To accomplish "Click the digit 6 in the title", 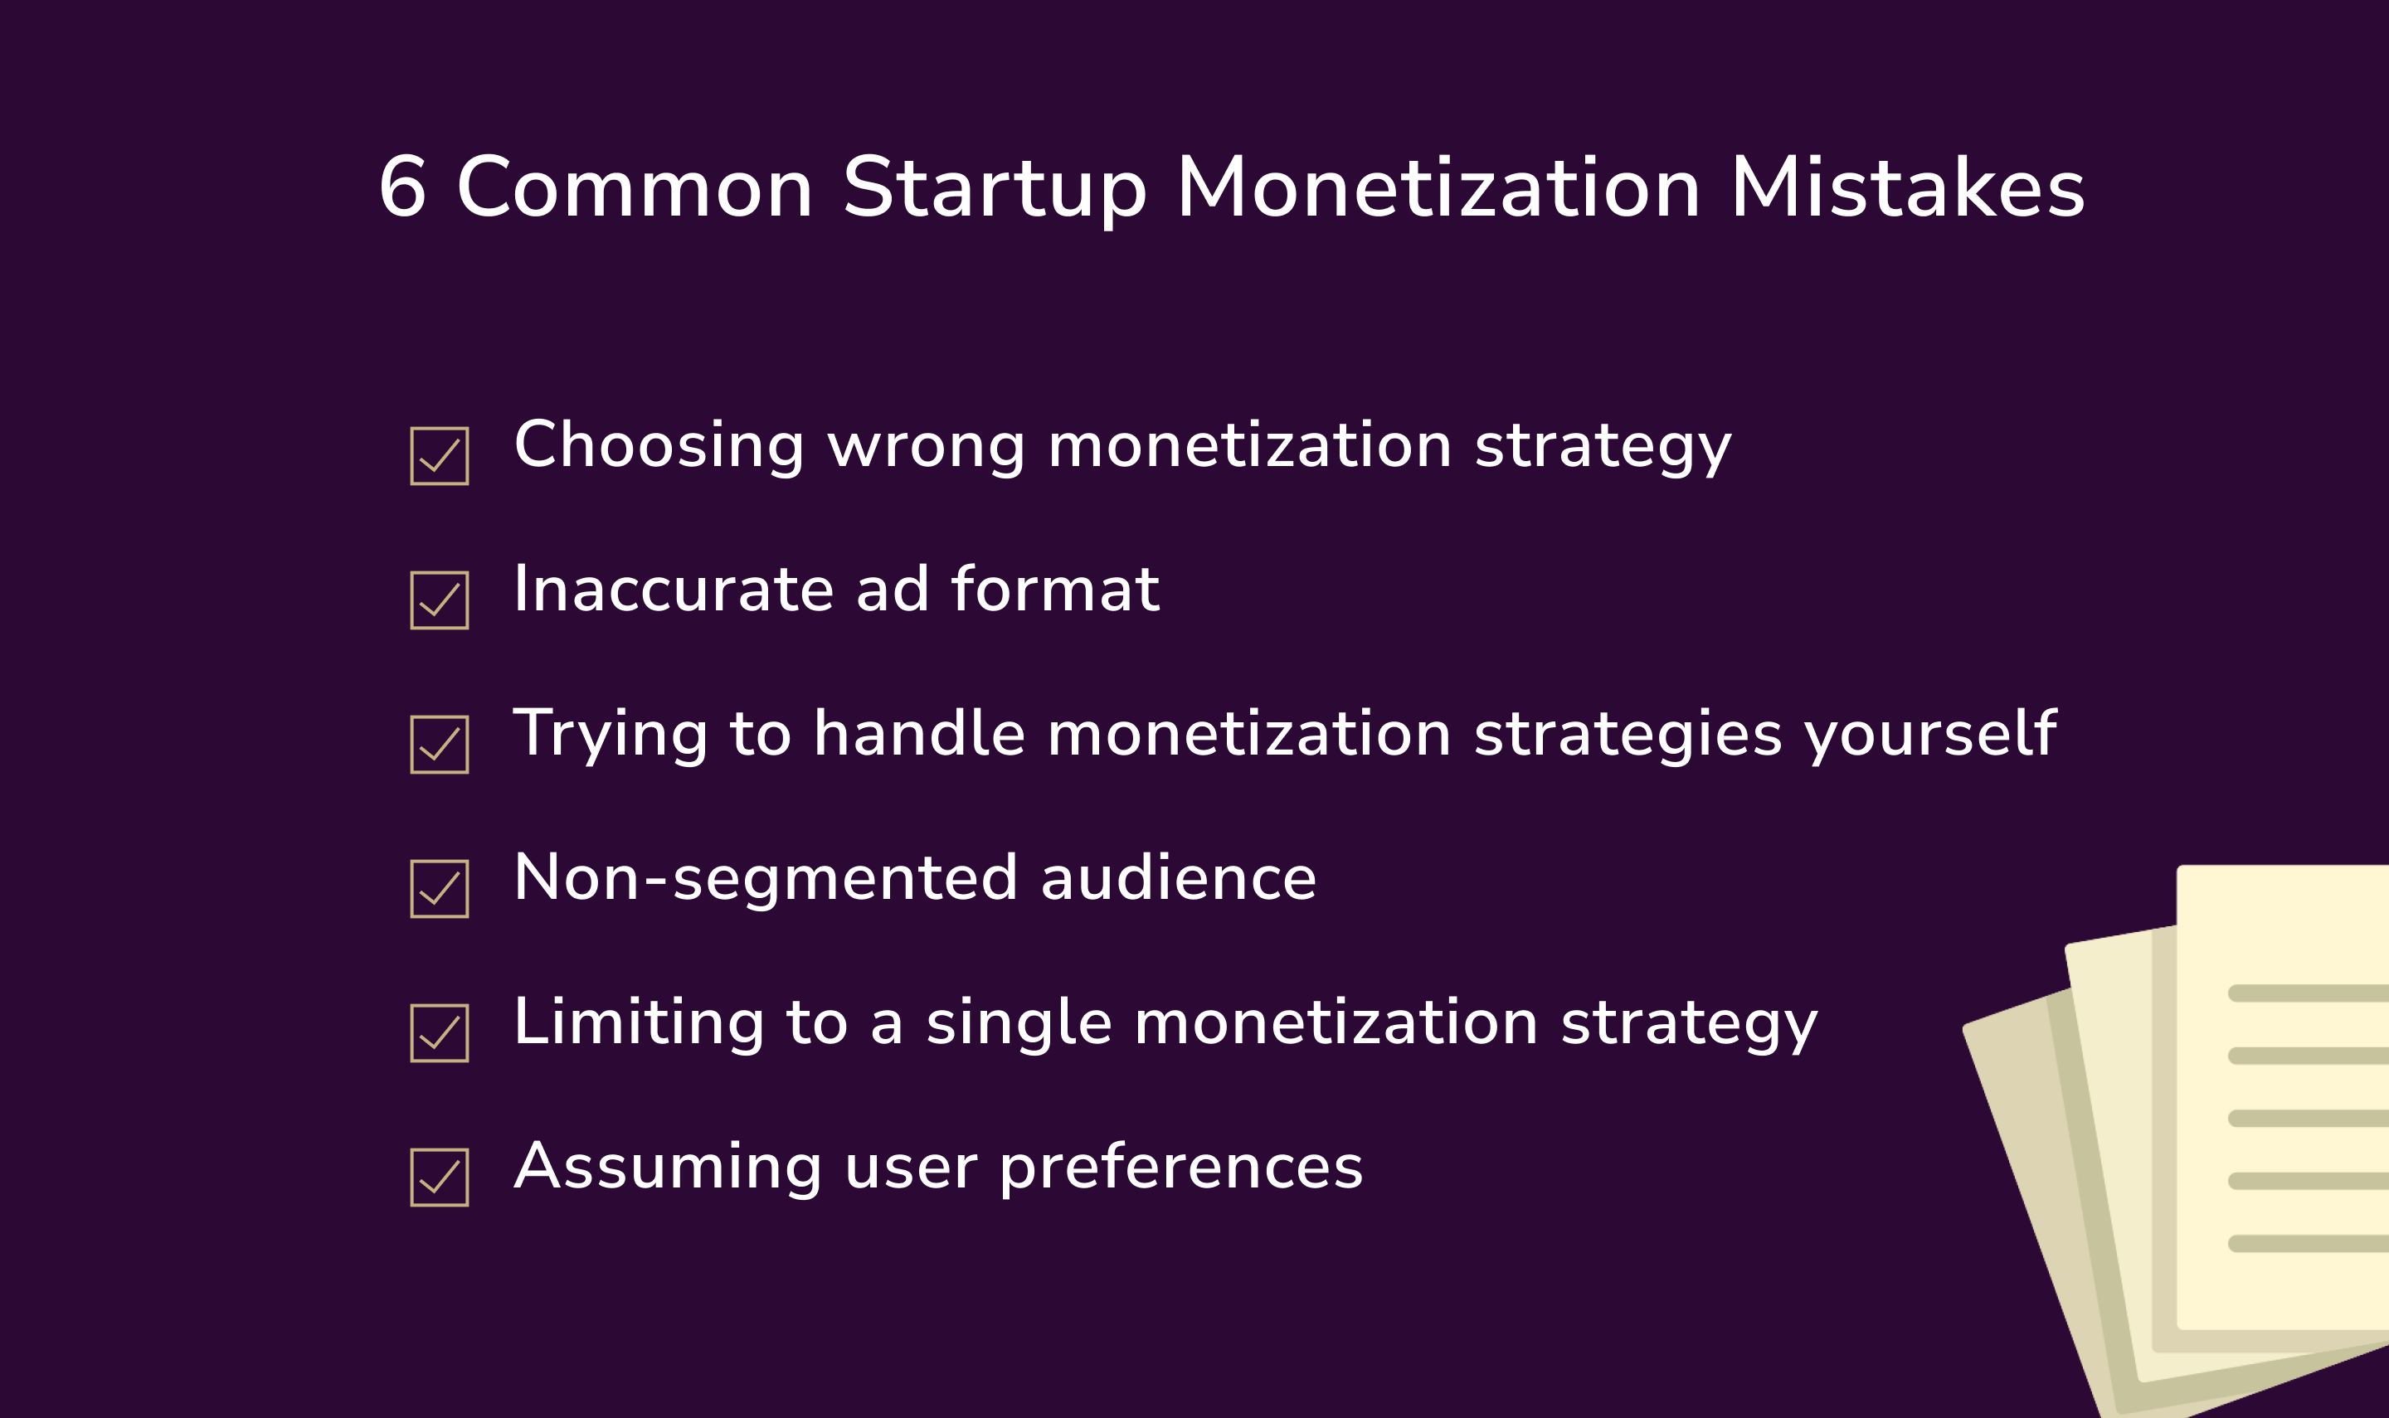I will click(402, 187).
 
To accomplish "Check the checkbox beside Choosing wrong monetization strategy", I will click(440, 456).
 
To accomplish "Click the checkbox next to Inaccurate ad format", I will click(440, 600).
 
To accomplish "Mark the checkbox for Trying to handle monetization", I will click(440, 745).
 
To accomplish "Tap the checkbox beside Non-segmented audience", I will click(440, 889).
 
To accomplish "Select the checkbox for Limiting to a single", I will click(440, 1033).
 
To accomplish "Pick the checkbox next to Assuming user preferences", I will click(440, 1178).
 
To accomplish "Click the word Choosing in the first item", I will click(659, 446).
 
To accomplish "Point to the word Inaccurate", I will click(674, 590).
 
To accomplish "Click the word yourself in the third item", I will click(1929, 735).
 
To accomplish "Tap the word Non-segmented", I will click(766, 878).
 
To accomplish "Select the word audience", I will click(1178, 878).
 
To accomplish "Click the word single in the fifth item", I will click(1019, 1023).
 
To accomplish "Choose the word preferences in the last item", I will click(1181, 1168).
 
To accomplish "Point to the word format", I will click(1055, 590).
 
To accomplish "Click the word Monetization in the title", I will click(1438, 187).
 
